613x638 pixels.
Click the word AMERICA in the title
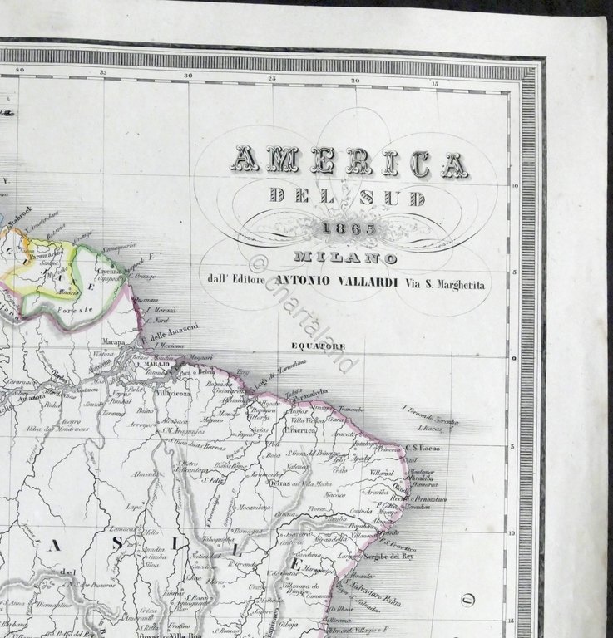[x=349, y=163]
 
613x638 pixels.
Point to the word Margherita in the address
[x=459, y=284]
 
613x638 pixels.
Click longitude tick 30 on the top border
[x=189, y=75]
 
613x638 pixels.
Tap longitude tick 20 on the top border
[x=354, y=80]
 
